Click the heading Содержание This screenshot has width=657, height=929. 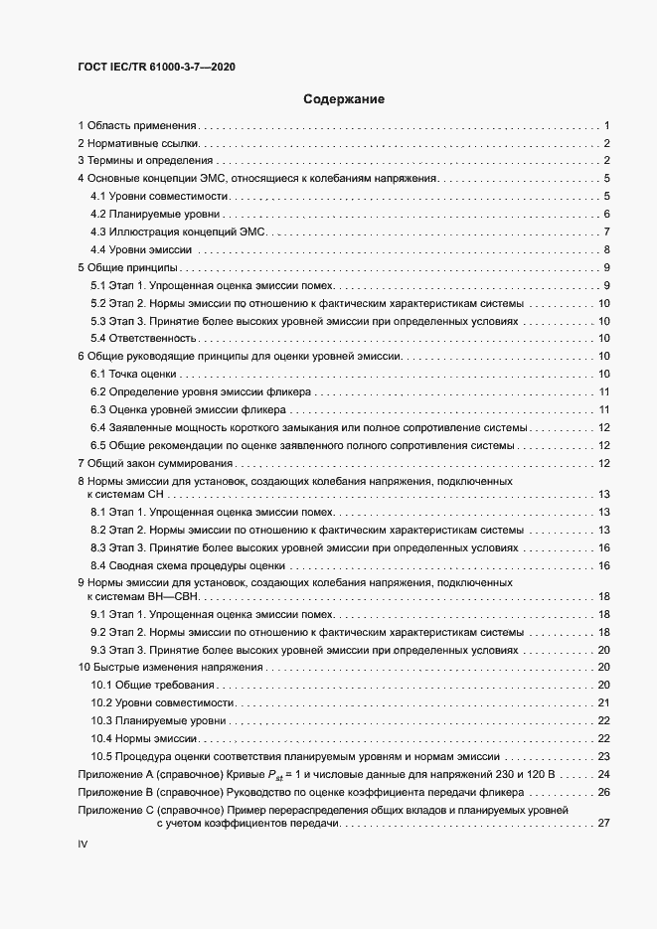tap(343, 99)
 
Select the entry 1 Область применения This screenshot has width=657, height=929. tap(138, 125)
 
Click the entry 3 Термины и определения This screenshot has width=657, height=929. tap(145, 161)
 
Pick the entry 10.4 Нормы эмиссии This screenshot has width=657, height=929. tap(146, 737)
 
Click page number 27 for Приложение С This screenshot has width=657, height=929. tap(602, 822)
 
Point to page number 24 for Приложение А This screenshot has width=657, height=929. tap(602, 773)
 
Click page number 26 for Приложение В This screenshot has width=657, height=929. tap(602, 792)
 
